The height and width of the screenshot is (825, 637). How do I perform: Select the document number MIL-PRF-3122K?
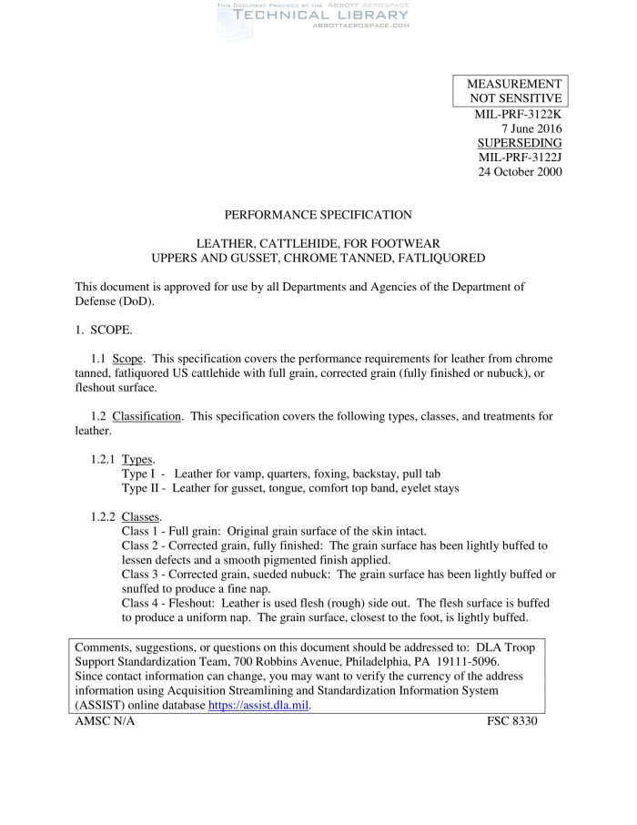(518, 114)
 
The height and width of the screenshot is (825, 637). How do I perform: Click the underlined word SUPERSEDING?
(520, 143)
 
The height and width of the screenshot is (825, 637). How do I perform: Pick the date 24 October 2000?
(520, 172)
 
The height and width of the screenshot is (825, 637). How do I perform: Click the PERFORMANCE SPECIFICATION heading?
(318, 215)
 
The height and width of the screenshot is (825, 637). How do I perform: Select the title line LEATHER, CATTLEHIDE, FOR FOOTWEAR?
(318, 244)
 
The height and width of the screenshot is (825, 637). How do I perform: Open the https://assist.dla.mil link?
(259, 705)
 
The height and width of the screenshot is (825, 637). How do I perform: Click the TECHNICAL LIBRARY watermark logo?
(314, 16)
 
